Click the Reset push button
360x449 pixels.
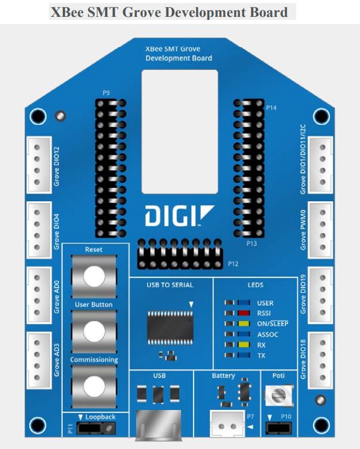point(94,276)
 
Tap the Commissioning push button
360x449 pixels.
point(94,386)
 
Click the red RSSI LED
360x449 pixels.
point(244,313)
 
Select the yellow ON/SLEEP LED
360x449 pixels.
point(244,324)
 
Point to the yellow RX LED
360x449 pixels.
point(244,345)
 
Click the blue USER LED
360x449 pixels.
point(244,303)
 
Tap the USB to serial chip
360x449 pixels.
point(170,328)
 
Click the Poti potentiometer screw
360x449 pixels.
point(279,396)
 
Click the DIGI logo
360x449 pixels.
point(180,215)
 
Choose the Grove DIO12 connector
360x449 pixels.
point(39,165)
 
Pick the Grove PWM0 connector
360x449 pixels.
point(320,230)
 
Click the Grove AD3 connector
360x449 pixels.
point(39,360)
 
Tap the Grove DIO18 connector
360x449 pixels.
point(320,360)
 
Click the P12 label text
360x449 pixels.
point(233,264)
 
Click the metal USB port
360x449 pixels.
point(159,425)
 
